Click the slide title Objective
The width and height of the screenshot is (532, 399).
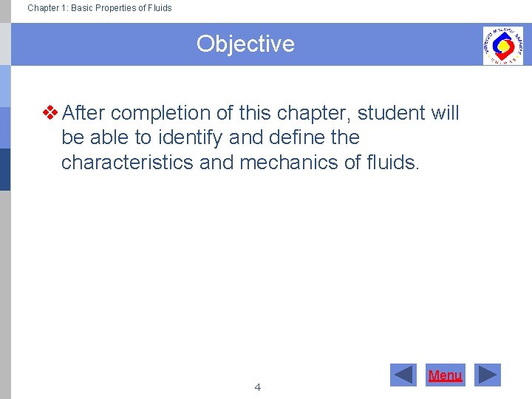click(245, 44)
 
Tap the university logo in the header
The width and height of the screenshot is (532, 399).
click(502, 45)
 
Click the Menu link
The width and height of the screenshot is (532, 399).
click(445, 375)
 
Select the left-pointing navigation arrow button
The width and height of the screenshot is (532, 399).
click(403, 375)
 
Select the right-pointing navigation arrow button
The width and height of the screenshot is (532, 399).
click(487, 375)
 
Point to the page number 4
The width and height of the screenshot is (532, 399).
click(257, 387)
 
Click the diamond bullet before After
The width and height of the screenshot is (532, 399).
click(51, 113)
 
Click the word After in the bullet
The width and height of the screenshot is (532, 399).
click(83, 113)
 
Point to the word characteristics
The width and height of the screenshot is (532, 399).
click(127, 163)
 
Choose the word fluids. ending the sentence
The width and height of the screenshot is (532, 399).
click(393, 163)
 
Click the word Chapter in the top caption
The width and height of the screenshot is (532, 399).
click(44, 8)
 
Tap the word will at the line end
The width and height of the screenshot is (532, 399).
click(445, 113)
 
